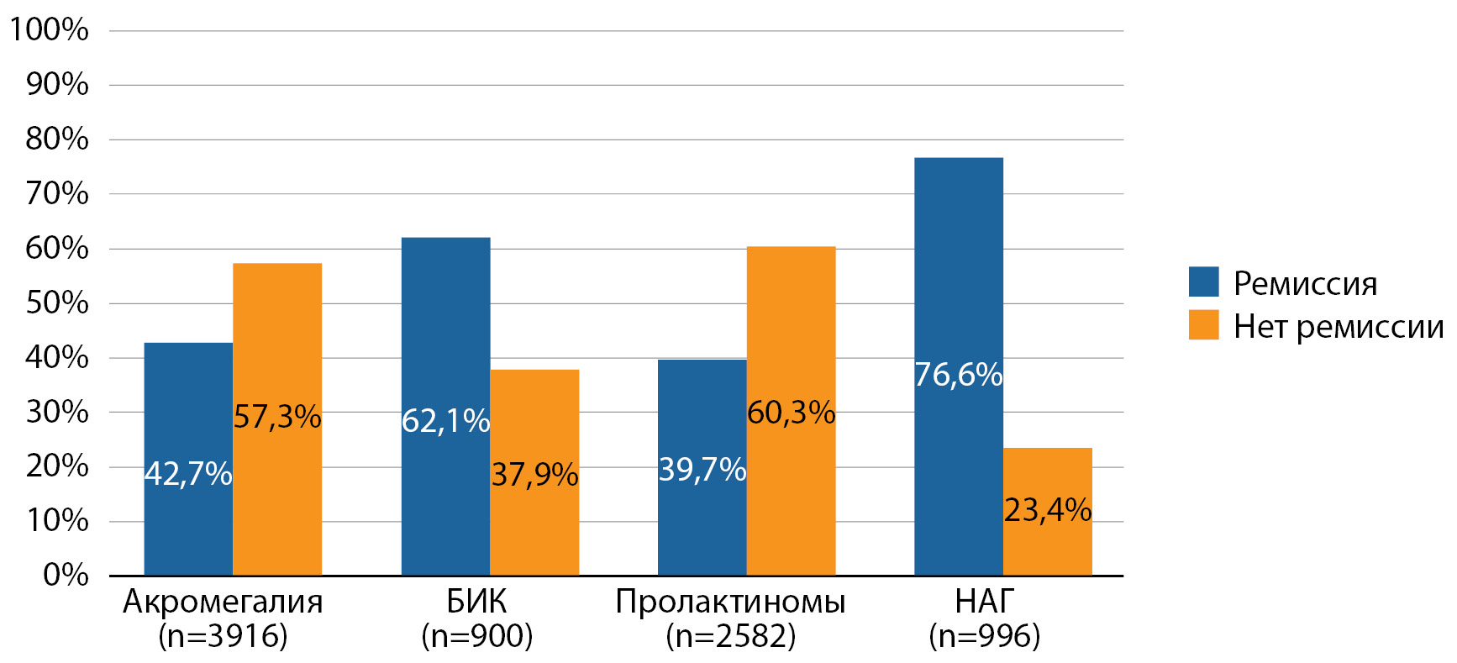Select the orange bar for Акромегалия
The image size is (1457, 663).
(277, 504)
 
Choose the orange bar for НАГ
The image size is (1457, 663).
(1047, 546)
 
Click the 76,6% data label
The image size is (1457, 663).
(958, 375)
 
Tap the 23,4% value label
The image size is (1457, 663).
(1048, 510)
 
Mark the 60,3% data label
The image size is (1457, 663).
(791, 413)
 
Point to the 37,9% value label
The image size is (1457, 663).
(534, 475)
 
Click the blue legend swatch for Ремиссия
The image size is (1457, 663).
(1203, 282)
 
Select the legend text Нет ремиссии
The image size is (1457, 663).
(1338, 326)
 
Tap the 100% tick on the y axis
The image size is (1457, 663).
(49, 30)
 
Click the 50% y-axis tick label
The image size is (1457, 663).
(57, 303)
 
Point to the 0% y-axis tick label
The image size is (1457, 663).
(66, 576)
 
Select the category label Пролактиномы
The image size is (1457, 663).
(730, 602)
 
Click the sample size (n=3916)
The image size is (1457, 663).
(223, 636)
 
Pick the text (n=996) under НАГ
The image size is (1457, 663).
(984, 636)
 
